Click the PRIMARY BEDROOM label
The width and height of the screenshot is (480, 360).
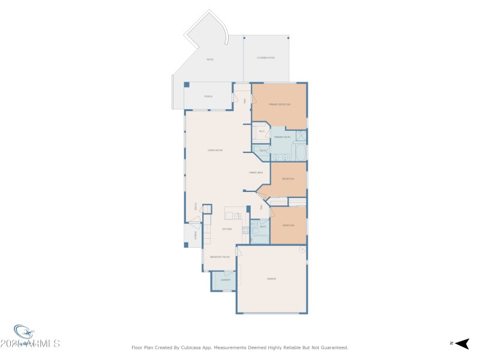coord(279,104)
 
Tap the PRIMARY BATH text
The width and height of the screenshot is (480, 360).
coord(282,137)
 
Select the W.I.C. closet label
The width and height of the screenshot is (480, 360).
coord(262,131)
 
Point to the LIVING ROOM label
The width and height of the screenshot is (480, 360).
coord(215,150)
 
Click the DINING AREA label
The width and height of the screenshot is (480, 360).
coord(257,173)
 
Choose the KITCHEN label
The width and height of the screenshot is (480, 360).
coord(227,229)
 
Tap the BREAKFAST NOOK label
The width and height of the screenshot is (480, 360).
coord(219,257)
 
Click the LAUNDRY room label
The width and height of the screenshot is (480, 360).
coord(226,280)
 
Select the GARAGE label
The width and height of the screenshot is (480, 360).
coord(271,279)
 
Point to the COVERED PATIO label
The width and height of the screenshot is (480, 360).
coord(266,58)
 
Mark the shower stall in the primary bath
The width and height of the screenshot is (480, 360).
coord(301,136)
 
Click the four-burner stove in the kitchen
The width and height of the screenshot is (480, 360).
coord(245,229)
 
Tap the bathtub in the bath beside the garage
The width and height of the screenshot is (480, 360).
coord(260,238)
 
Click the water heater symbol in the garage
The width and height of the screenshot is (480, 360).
coord(302,250)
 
